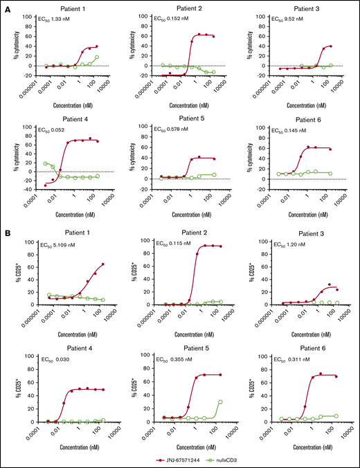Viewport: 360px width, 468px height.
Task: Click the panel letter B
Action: click(x=6, y=229)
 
